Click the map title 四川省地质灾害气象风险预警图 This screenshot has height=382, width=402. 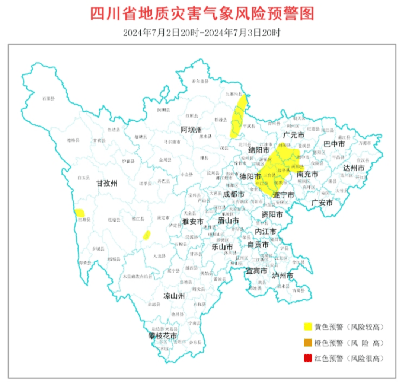pos(202,14)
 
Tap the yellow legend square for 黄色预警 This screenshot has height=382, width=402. pos(308,327)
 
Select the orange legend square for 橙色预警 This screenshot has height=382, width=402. pos(308,343)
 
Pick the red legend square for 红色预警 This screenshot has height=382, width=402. pos(308,358)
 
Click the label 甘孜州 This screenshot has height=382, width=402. pos(107,183)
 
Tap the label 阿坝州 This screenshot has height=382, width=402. pos(191,130)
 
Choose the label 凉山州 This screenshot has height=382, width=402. pos(174,296)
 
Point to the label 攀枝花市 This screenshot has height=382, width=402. pos(162,336)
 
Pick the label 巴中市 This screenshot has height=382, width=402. pos(334,144)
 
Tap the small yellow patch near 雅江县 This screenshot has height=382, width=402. pos(147,235)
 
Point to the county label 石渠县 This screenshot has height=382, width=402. pos(48,99)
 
